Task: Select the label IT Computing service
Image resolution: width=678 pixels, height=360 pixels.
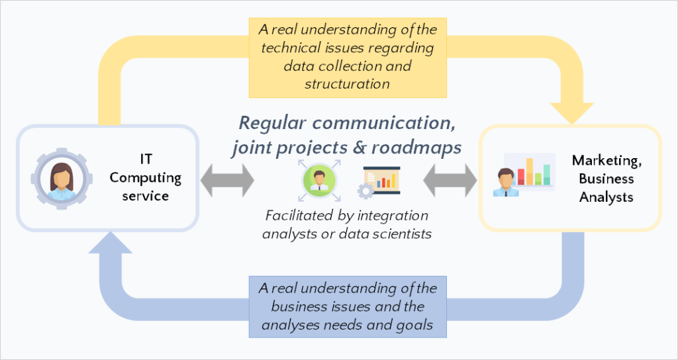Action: (145, 177)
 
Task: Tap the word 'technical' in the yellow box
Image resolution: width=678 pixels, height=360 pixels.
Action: (290, 48)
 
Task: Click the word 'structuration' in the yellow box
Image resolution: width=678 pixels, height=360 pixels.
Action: (347, 84)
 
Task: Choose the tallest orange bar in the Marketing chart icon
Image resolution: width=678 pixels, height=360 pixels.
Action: (529, 171)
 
